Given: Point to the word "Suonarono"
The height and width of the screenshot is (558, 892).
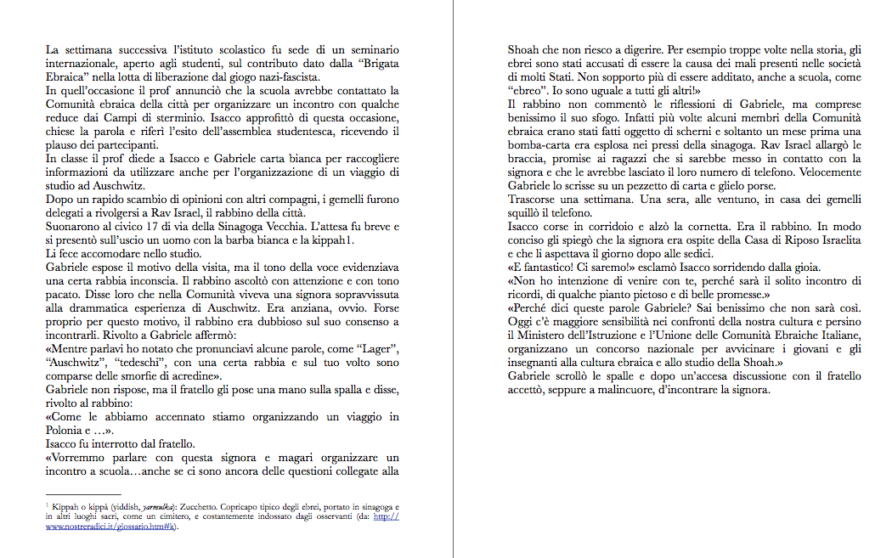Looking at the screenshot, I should pos(74,228).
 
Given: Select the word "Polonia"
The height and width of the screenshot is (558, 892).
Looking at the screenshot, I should pos(67,430).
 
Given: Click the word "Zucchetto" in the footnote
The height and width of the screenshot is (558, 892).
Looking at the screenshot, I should pos(198,505).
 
